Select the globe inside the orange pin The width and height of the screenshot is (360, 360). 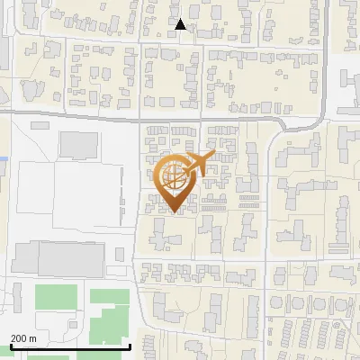[x=173, y=178]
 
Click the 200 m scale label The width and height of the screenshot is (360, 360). [x=23, y=337]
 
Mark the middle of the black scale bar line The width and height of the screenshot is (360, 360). [x=70, y=346]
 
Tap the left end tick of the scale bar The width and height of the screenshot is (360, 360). [x=10, y=345]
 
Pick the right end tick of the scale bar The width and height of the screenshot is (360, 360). [x=130, y=345]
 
